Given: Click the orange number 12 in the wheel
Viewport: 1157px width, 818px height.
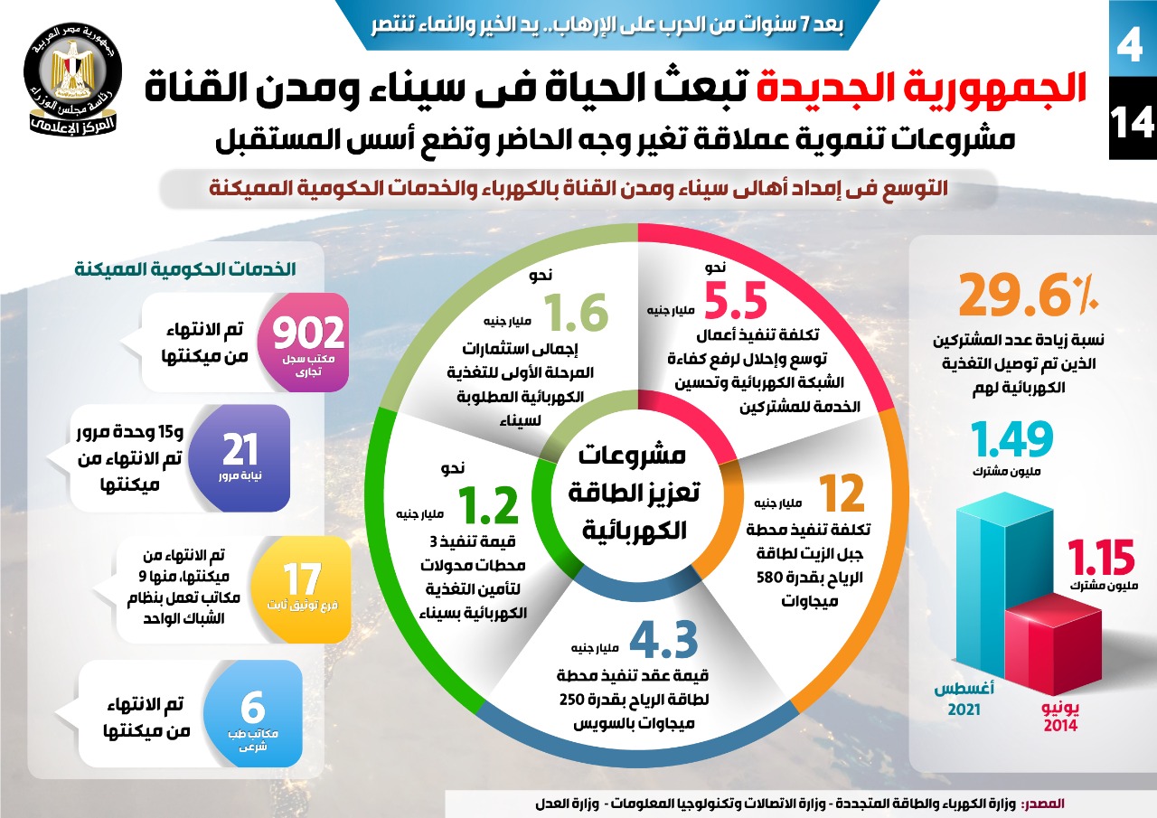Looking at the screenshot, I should click(x=842, y=494).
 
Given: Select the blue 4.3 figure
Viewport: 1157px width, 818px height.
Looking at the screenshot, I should click(x=663, y=638).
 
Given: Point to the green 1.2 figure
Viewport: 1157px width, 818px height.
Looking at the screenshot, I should click(x=487, y=505).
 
